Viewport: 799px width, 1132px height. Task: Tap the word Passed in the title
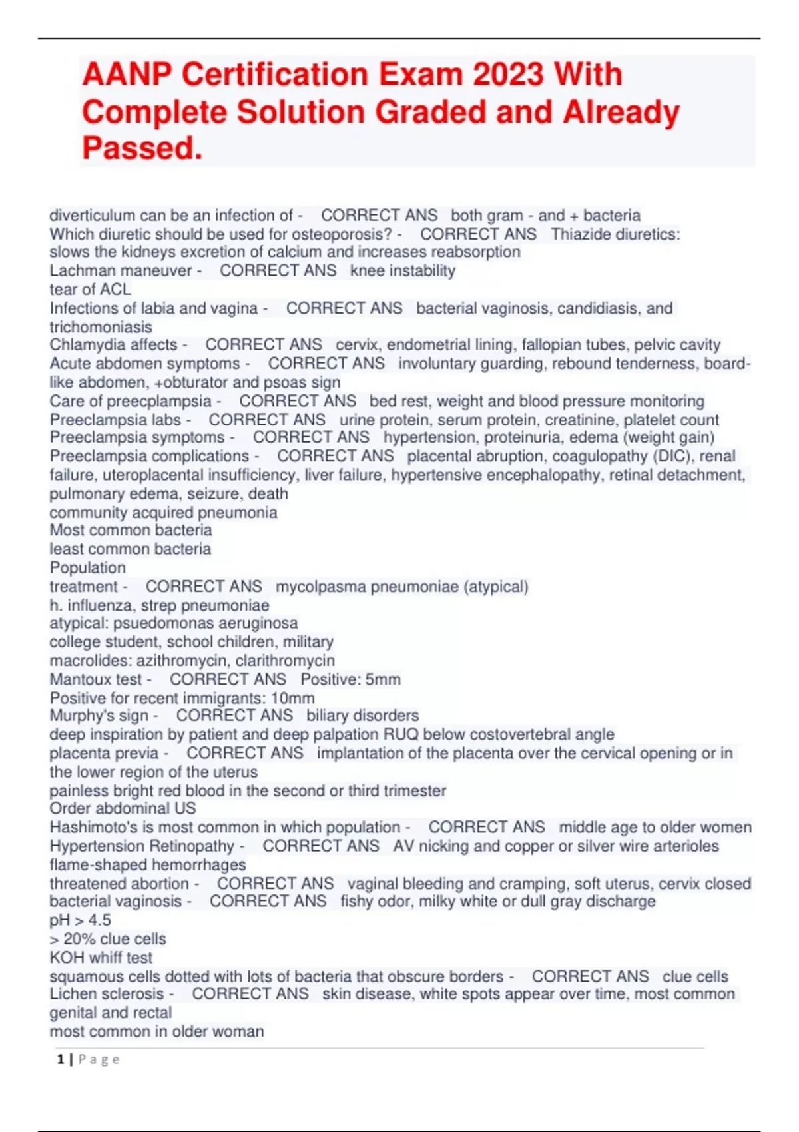pos(141,148)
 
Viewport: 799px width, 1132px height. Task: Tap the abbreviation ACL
pos(115,290)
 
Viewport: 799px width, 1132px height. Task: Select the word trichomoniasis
pos(101,327)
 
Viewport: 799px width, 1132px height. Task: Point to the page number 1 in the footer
pos(61,1059)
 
